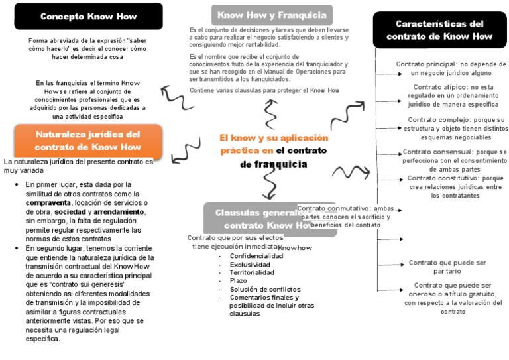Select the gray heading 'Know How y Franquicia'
click(x=271, y=14)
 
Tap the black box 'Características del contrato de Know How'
click(x=439, y=30)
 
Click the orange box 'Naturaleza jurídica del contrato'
click(x=87, y=140)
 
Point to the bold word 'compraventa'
click(x=48, y=202)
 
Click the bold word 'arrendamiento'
click(x=119, y=211)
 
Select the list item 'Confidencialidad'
click(x=256, y=255)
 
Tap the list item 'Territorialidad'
click(x=253, y=272)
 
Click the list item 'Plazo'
click(x=238, y=280)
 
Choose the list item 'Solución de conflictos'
click(x=264, y=289)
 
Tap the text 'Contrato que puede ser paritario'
click(x=447, y=267)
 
